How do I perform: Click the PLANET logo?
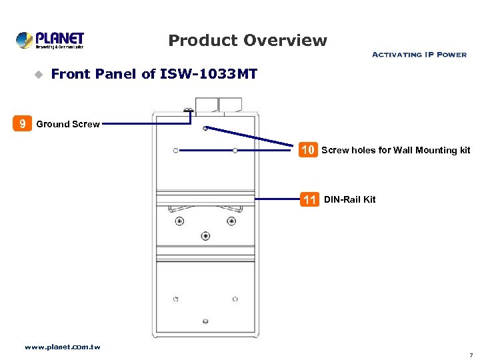coord(50,40)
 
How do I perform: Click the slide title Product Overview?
coord(247,41)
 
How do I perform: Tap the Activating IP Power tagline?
coord(419,55)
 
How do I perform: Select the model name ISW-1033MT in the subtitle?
coord(209,74)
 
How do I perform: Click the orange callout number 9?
coord(23,123)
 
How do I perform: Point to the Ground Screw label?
coord(68,124)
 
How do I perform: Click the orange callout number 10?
coord(307,150)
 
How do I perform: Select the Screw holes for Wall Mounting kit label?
coord(395,150)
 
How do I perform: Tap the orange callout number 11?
coord(309,199)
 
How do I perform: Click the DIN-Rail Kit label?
coord(349,199)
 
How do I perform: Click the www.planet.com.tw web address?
coord(62,347)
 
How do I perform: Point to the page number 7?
coord(471,355)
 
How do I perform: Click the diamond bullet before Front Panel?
coord(38,75)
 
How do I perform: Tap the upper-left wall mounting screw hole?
coord(175,151)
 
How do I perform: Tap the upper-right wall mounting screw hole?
coord(235,151)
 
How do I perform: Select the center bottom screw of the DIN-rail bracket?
coord(205,236)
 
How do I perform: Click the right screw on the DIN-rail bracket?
coord(231,221)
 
